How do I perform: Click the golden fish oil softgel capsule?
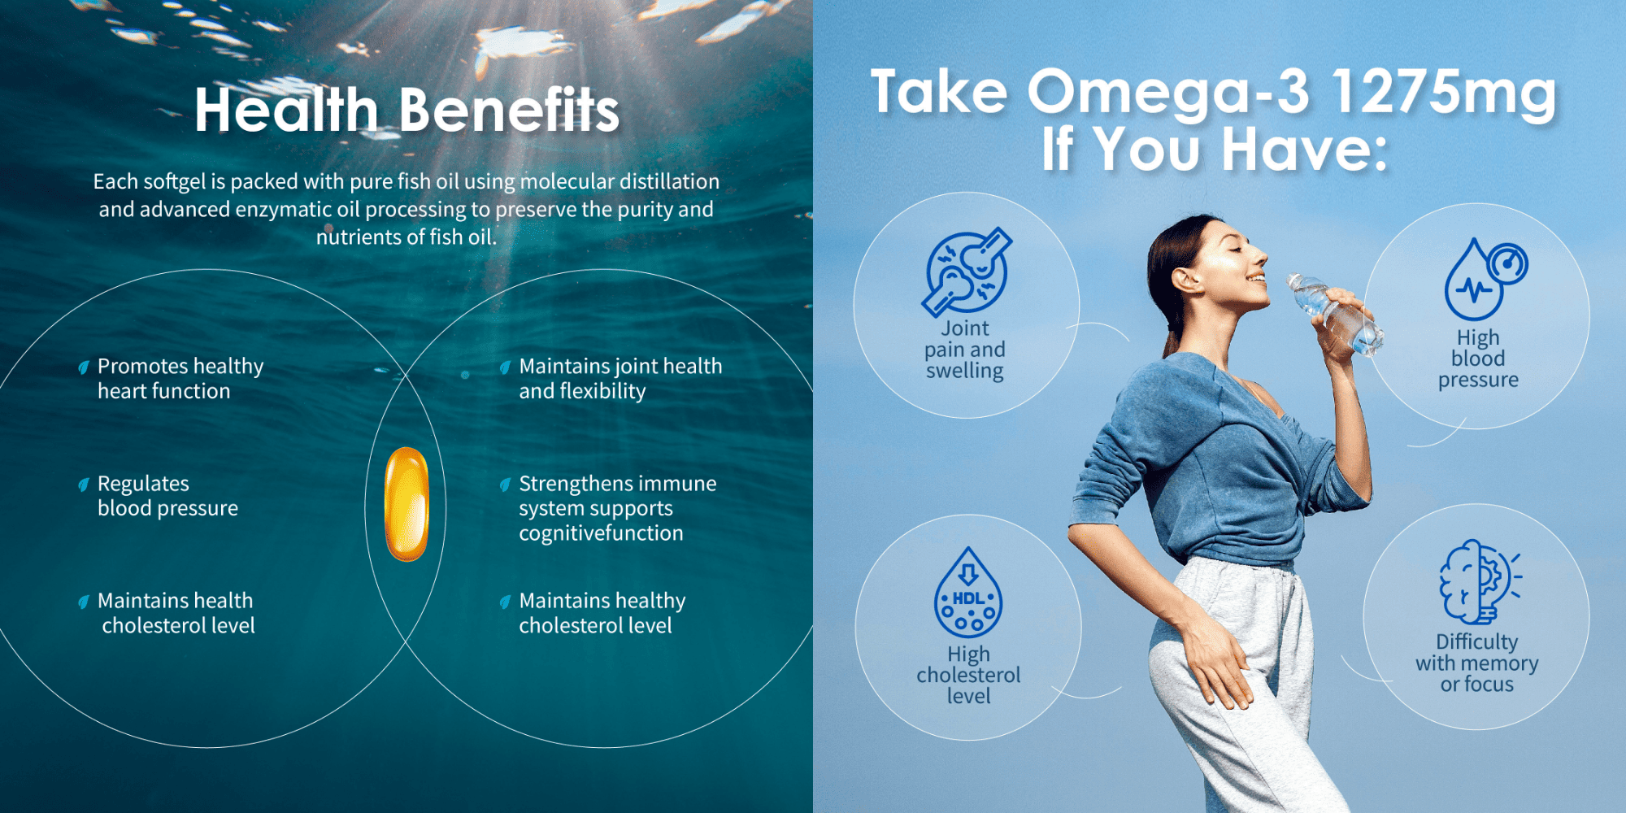click(x=406, y=504)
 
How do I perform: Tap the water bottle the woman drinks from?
click(x=1334, y=314)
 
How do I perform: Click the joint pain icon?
click(x=967, y=272)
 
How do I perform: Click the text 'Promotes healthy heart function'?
click(x=180, y=379)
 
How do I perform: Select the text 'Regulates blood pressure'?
click(x=167, y=496)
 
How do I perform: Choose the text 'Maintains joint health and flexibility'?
click(x=620, y=379)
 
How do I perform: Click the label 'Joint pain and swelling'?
click(x=965, y=350)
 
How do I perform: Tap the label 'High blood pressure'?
click(x=1478, y=359)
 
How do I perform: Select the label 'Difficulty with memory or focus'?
click(x=1476, y=663)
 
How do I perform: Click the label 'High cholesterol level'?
click(x=968, y=675)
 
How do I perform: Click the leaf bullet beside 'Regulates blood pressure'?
click(x=83, y=485)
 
